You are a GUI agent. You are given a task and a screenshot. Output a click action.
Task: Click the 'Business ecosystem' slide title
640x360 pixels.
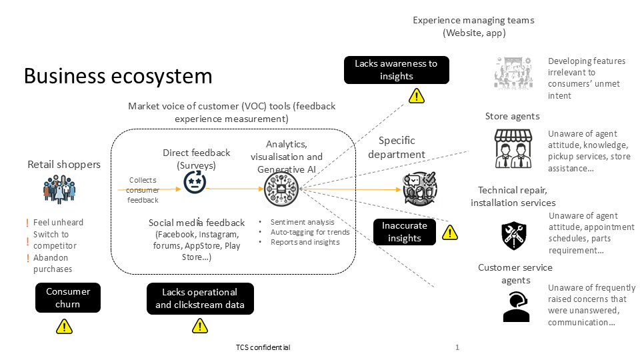[x=118, y=76]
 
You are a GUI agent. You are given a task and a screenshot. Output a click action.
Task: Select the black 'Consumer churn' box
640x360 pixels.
[x=68, y=297]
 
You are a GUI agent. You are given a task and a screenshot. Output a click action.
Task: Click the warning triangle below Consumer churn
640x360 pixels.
[x=64, y=326]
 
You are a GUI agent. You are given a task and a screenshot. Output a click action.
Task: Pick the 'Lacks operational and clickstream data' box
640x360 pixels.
[x=200, y=298]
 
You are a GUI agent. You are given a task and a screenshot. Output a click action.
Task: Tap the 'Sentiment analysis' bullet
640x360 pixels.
[x=302, y=222]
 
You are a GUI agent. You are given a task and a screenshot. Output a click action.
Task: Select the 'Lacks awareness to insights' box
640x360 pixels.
[x=396, y=70]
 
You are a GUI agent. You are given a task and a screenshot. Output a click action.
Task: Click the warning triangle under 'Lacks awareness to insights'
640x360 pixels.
[x=417, y=97]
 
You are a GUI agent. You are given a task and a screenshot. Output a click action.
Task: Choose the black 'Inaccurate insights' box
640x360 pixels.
[x=404, y=232]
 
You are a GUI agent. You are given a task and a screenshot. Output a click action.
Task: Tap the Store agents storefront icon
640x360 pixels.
[x=513, y=148]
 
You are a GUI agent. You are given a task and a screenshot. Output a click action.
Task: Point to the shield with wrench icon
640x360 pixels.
[x=514, y=233]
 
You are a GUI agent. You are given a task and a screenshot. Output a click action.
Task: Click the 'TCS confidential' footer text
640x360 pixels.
[x=263, y=347]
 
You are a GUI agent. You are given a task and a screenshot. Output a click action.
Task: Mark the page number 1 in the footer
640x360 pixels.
[x=457, y=347]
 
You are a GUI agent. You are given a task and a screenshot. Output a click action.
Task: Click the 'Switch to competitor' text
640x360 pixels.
[x=55, y=240]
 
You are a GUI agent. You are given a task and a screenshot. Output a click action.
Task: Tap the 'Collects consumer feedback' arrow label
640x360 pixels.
[x=144, y=190]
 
